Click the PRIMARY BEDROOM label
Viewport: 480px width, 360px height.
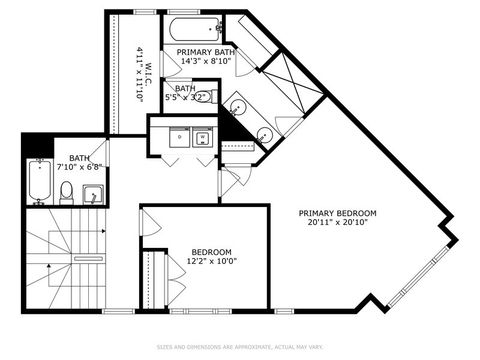click(x=342, y=212)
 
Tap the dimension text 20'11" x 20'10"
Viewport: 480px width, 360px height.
click(x=342, y=222)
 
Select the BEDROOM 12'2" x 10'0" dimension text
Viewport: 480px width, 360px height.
click(x=212, y=261)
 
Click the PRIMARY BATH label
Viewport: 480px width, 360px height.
click(x=206, y=50)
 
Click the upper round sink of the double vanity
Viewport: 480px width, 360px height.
click(x=241, y=104)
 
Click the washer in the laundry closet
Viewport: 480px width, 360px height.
click(x=177, y=138)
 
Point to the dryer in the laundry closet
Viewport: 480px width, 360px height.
click(x=202, y=138)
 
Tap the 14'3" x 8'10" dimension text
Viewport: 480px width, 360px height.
click(x=206, y=61)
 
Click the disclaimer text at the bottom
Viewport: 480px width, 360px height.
click(x=240, y=347)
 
